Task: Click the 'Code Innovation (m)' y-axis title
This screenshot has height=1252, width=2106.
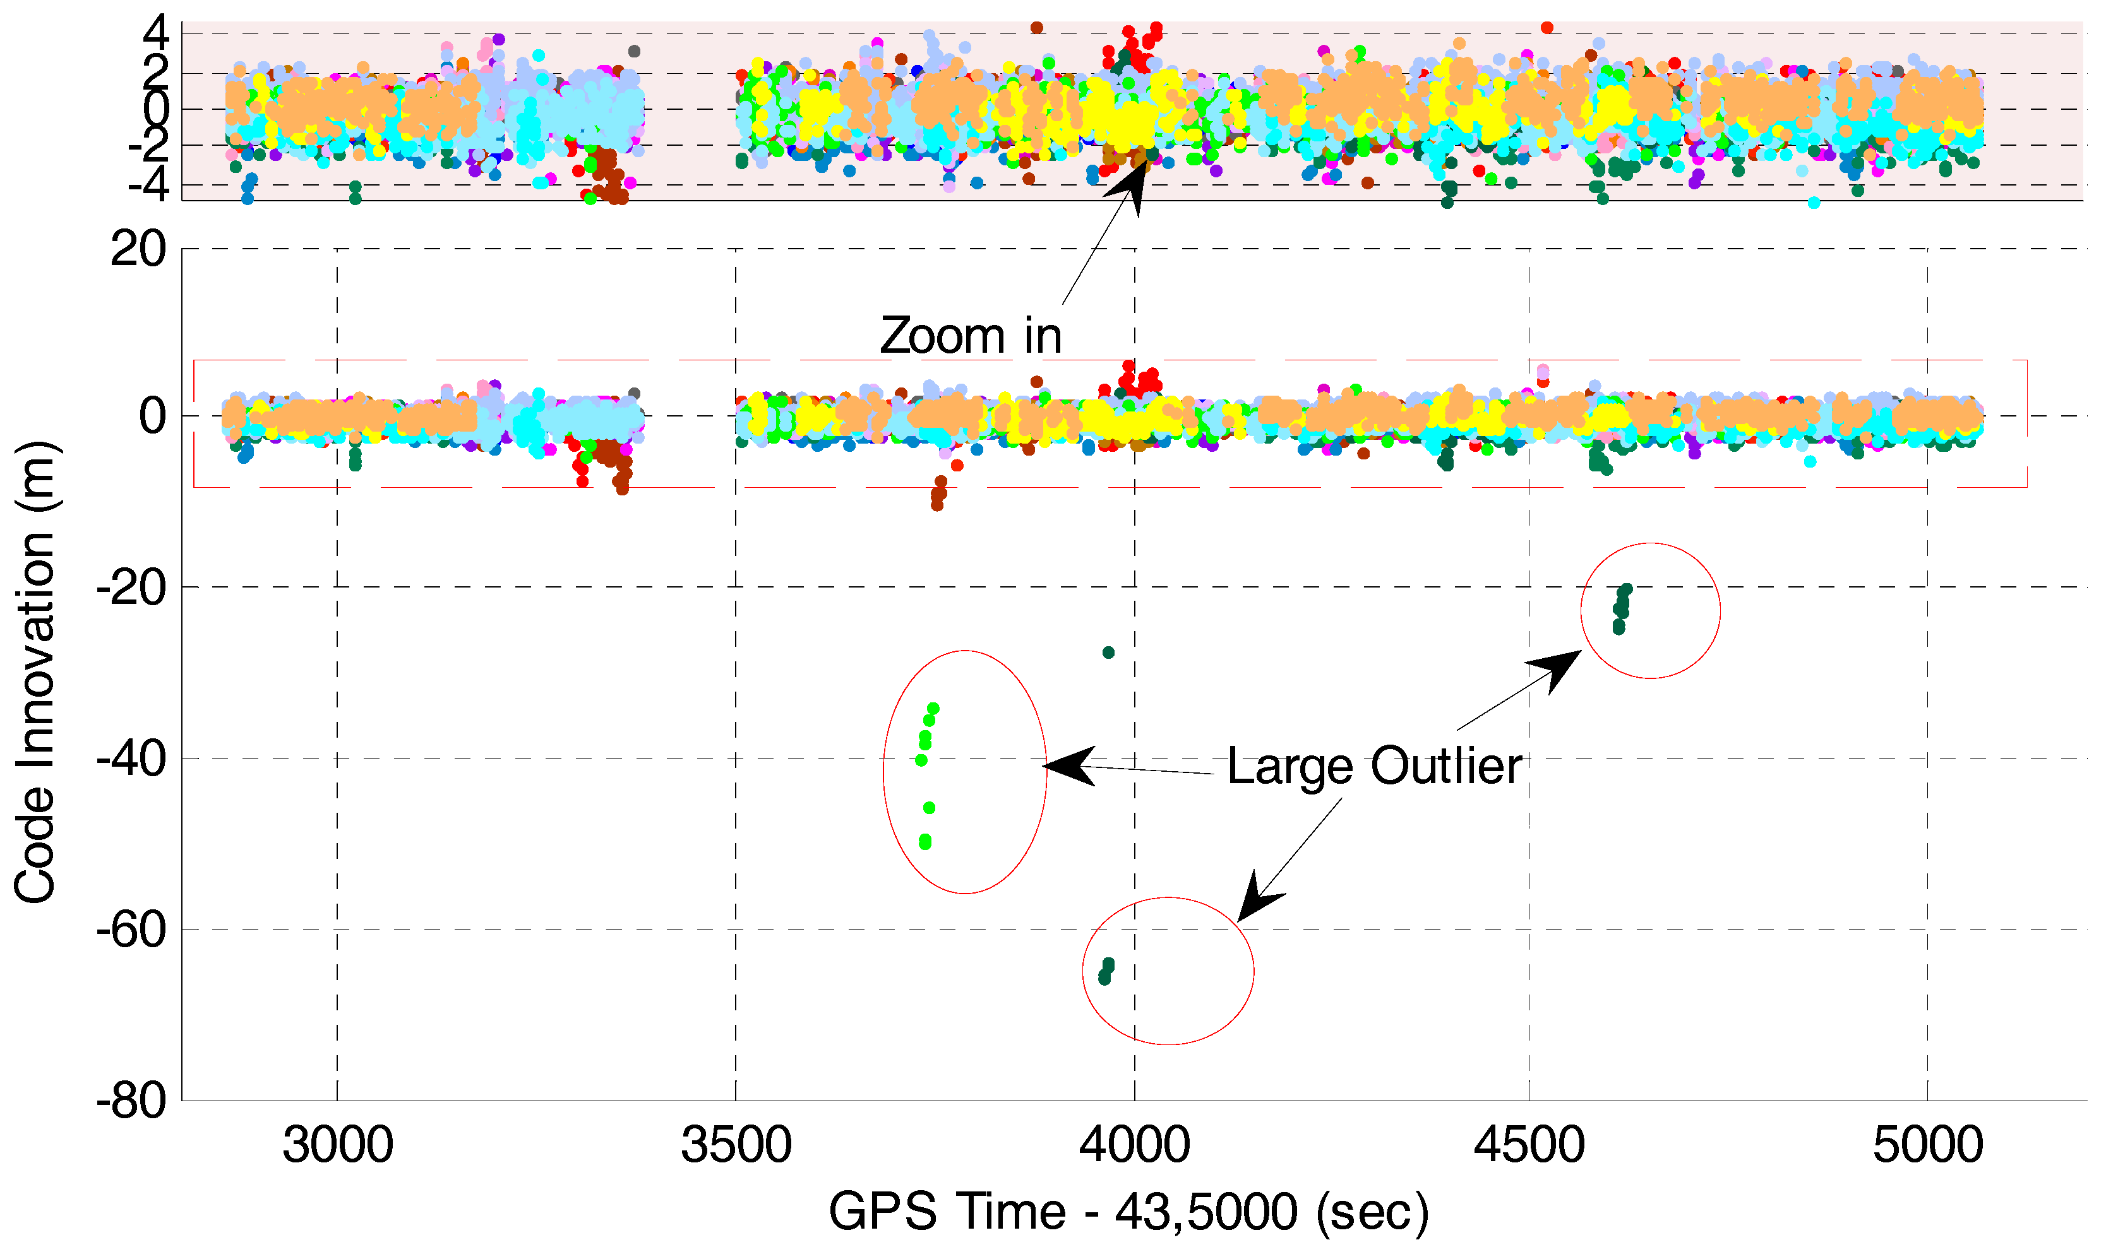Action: (35, 673)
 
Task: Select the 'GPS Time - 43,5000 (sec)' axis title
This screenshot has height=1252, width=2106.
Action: (1129, 1212)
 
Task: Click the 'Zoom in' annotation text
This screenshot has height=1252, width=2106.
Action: (971, 336)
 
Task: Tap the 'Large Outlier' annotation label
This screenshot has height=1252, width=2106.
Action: (1374, 766)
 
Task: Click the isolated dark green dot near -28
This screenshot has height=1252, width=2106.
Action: (1108, 652)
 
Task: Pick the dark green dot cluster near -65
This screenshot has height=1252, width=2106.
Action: (1106, 971)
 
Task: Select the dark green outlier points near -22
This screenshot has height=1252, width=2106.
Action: (1620, 608)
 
